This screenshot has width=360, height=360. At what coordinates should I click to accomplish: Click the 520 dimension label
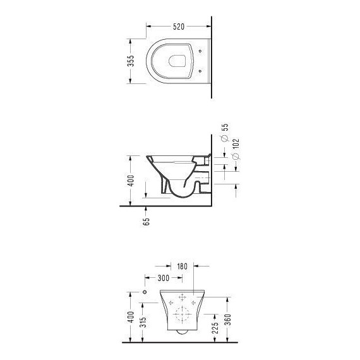click(179, 27)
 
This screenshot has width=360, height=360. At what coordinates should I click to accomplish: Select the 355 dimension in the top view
click(131, 61)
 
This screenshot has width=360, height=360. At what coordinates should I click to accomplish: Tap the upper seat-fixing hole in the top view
click(200, 51)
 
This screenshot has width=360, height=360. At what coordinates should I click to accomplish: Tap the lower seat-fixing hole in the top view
click(200, 71)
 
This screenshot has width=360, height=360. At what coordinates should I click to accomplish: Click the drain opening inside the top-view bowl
click(177, 61)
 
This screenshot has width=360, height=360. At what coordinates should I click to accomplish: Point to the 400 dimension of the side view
click(131, 181)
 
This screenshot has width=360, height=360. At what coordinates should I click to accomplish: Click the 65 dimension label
click(146, 222)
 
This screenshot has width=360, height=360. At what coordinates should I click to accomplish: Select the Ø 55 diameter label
click(225, 133)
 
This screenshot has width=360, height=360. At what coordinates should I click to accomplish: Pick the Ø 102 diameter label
click(236, 149)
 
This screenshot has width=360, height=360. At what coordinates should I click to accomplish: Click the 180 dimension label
click(183, 267)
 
